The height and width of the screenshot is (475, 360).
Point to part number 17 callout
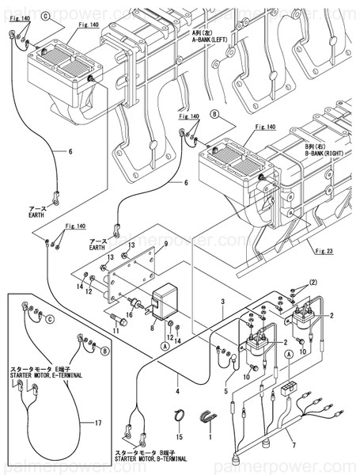(x=98, y=423)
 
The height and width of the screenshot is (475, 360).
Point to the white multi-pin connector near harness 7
(x=287, y=391)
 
